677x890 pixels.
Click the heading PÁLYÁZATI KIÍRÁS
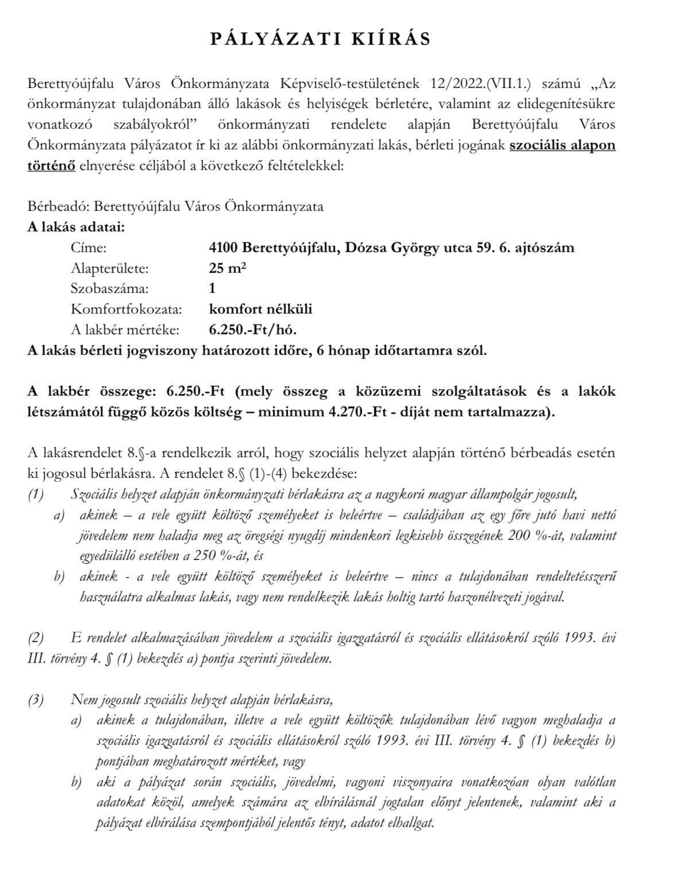click(320, 38)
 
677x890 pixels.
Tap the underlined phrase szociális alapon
click(562, 145)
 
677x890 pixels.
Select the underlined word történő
click(51, 166)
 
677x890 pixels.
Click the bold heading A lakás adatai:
click(76, 227)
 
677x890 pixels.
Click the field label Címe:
click(89, 247)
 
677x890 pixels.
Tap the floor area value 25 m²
click(227, 268)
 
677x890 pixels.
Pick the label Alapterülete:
click(109, 268)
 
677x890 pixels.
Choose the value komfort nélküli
click(260, 309)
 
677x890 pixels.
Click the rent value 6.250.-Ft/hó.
click(253, 330)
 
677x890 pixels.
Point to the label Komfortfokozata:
click(126, 309)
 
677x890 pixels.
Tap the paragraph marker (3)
click(36, 700)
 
